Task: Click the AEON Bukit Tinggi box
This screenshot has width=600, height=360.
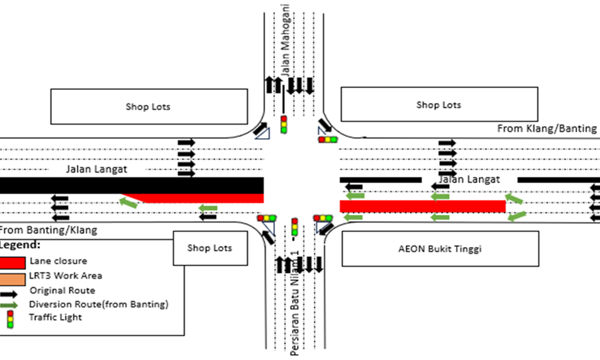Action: (440, 248)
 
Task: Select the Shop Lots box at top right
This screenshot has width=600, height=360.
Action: (439, 104)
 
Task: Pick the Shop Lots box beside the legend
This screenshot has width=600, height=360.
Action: (209, 248)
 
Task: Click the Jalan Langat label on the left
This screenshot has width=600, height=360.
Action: (97, 169)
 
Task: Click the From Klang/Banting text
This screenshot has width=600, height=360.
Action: (547, 128)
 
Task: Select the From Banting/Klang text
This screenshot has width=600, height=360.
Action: (49, 230)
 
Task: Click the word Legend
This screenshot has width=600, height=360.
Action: (21, 244)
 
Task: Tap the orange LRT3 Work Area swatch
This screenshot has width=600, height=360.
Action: (13, 276)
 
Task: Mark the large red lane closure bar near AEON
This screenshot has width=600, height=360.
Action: (422, 206)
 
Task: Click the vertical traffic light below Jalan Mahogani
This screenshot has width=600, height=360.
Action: (284, 124)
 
